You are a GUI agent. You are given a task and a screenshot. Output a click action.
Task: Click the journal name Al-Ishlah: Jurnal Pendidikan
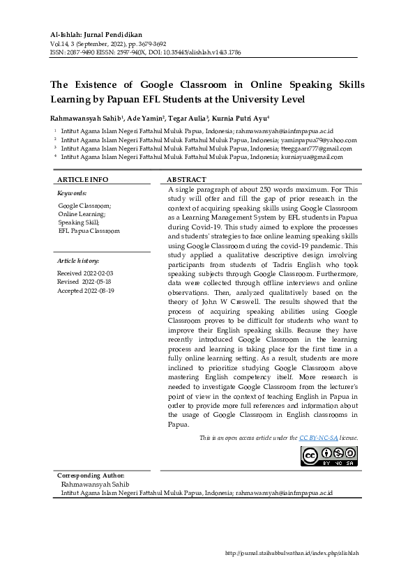pos(98,34)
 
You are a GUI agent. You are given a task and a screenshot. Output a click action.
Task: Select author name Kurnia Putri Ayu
pos(248,118)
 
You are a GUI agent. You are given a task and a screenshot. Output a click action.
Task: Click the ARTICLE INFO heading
pos(82,179)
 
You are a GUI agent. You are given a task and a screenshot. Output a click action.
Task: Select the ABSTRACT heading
pos(186,179)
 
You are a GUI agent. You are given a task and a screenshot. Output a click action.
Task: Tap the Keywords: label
pos(72,192)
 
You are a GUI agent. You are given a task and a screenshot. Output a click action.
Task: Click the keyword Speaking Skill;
pos(78,222)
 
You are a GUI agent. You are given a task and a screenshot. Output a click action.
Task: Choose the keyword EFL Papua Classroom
pos(89,231)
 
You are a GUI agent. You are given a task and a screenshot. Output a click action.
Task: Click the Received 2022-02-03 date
pos(85,274)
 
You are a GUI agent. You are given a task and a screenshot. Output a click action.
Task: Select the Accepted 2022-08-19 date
pos(86,290)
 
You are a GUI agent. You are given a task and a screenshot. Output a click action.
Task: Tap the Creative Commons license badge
pos(329,455)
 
